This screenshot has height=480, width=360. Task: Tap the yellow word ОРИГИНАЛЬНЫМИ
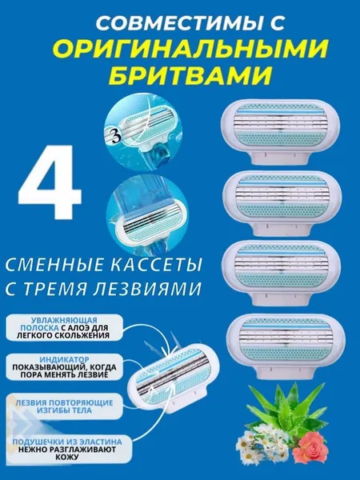coord(190,49)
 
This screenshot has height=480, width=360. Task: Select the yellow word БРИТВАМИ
coord(190,74)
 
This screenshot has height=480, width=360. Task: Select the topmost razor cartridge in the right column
coord(281,133)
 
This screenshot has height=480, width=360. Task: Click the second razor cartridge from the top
coord(282,203)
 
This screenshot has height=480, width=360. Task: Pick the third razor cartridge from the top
coord(282,273)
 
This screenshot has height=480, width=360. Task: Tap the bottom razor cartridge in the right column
coord(286,346)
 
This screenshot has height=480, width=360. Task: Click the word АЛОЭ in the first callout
coord(82,328)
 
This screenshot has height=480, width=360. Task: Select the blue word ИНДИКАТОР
coord(65,360)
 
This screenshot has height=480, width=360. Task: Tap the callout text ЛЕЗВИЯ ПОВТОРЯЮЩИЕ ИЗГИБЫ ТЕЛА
coord(64,406)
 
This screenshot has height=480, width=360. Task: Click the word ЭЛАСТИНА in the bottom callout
coord(97,442)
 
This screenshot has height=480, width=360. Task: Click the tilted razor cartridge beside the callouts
coord(174,378)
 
